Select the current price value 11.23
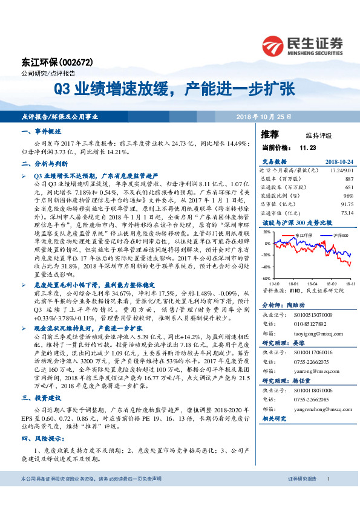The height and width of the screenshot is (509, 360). point(308,148)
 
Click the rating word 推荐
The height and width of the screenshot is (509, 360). point(269,134)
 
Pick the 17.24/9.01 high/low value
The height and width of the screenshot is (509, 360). point(340,171)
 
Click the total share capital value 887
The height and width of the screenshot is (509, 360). point(349,180)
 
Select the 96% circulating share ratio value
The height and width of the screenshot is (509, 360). point(348,196)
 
